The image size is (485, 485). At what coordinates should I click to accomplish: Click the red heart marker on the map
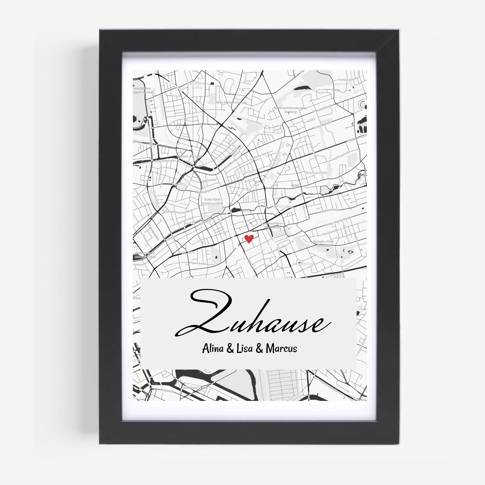[x=249, y=239]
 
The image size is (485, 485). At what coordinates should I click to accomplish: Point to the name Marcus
[x=281, y=349]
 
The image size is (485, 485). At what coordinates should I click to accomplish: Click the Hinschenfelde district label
[x=316, y=173]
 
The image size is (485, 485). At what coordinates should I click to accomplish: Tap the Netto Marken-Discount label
[x=231, y=102]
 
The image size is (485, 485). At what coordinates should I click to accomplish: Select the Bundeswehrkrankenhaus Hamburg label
[x=290, y=110]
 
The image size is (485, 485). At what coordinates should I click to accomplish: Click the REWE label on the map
[x=295, y=186]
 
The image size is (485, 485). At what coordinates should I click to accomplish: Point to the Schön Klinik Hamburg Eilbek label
[x=212, y=201]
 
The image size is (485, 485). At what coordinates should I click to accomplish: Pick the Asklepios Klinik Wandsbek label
[x=323, y=243]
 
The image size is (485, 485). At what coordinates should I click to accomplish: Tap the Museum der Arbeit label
[x=189, y=156]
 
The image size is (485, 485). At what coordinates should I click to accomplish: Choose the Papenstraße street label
[x=197, y=263]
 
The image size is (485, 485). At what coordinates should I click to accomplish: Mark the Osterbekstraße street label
[x=165, y=161]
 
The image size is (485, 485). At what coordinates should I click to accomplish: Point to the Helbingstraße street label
[x=341, y=156]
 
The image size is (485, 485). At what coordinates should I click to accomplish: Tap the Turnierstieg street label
[x=346, y=80]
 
